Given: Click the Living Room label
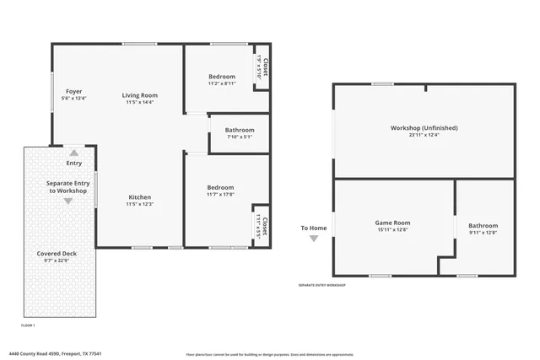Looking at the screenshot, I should [140, 95].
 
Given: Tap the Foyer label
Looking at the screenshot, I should [73, 91].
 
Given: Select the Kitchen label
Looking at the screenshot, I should [140, 196].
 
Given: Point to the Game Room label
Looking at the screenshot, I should [392, 223].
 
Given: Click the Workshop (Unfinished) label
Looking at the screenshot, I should [424, 127].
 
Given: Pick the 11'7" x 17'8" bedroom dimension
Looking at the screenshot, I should [220, 195].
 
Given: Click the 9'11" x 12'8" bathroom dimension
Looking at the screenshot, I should [483, 233].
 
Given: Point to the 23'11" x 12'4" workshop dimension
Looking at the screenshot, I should [424, 135].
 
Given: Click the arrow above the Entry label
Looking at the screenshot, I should [74, 153].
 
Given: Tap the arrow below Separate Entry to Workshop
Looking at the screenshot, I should [68, 201].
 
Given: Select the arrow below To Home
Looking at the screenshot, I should [314, 239].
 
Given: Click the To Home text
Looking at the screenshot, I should [314, 228].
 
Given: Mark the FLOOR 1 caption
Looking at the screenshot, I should [28, 325].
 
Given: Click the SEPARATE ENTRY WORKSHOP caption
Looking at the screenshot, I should [321, 286].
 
